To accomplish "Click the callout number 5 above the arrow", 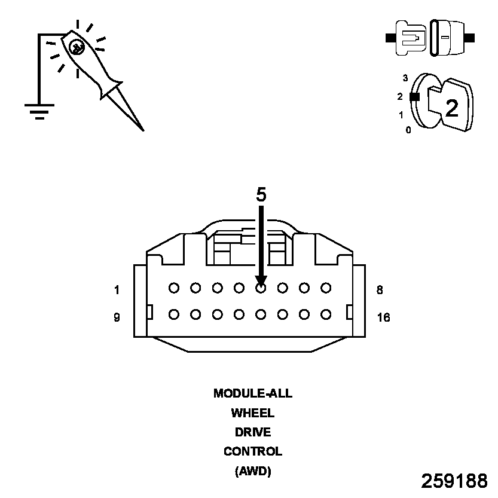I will click(261, 195).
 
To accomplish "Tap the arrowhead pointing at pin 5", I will click(261, 280).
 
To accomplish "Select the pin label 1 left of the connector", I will click(117, 291).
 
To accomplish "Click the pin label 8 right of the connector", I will click(380, 291).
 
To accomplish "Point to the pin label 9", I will click(117, 317).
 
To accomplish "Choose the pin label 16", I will click(383, 317).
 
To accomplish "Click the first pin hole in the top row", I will click(174, 288).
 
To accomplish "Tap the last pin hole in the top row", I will click(326, 288).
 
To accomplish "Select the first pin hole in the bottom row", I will click(174, 313).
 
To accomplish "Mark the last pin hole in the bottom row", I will click(326, 313).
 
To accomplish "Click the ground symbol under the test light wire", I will click(39, 111).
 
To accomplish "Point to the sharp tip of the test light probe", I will click(142, 129).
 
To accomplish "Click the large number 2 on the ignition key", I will click(452, 108).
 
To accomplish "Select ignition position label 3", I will click(405, 78).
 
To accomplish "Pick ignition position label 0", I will click(408, 130).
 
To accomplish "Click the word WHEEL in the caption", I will click(252, 413).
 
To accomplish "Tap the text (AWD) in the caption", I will click(252, 471).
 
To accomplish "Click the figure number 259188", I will click(454, 481).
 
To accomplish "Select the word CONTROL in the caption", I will click(252, 451).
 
